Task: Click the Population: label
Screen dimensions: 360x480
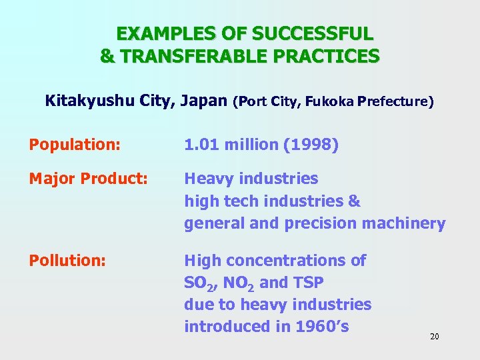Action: (74, 145)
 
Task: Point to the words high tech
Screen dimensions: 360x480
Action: (222, 201)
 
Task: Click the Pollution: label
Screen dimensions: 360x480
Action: (67, 261)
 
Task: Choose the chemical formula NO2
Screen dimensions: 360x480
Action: (238, 283)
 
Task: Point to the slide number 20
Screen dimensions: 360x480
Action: (434, 337)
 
